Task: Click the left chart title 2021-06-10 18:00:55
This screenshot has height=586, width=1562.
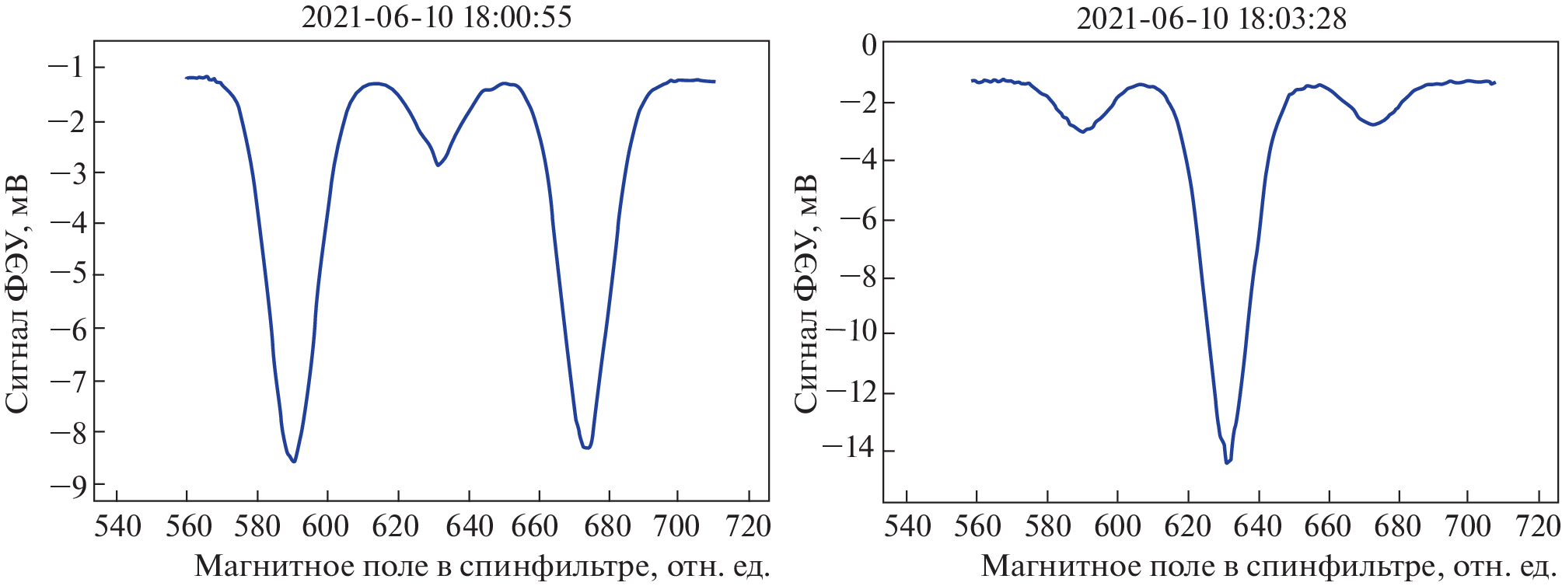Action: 436,17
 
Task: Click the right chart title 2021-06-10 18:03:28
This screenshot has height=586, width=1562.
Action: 1211,17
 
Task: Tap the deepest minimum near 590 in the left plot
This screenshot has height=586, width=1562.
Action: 294,462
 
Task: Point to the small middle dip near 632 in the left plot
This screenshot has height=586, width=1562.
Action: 439,165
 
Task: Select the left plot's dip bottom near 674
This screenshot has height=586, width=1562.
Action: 587,448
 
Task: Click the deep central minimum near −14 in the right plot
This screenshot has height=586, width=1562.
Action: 1227,462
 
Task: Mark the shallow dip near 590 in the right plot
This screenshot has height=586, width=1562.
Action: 1082,131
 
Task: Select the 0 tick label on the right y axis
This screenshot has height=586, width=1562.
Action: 868,45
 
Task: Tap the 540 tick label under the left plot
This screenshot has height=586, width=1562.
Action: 117,527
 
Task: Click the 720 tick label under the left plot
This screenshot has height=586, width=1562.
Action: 749,527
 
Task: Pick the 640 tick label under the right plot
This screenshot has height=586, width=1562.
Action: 1258,527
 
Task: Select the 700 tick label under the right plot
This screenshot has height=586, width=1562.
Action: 1468,527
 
